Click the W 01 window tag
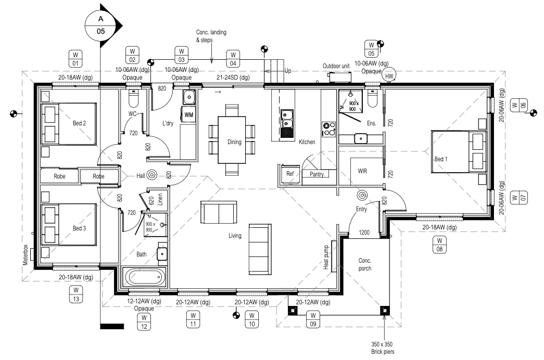click(75, 58)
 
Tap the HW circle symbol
click(389, 75)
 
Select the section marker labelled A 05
click(101, 24)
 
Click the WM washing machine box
click(188, 114)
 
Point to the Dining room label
click(234, 142)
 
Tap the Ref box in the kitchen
click(290, 174)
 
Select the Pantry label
click(317, 174)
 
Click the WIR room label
click(362, 171)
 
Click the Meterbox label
click(25, 256)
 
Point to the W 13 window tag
click(75, 294)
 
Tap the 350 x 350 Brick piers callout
click(384, 348)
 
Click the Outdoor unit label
click(335, 66)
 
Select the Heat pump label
click(326, 258)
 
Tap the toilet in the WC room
click(132, 98)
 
